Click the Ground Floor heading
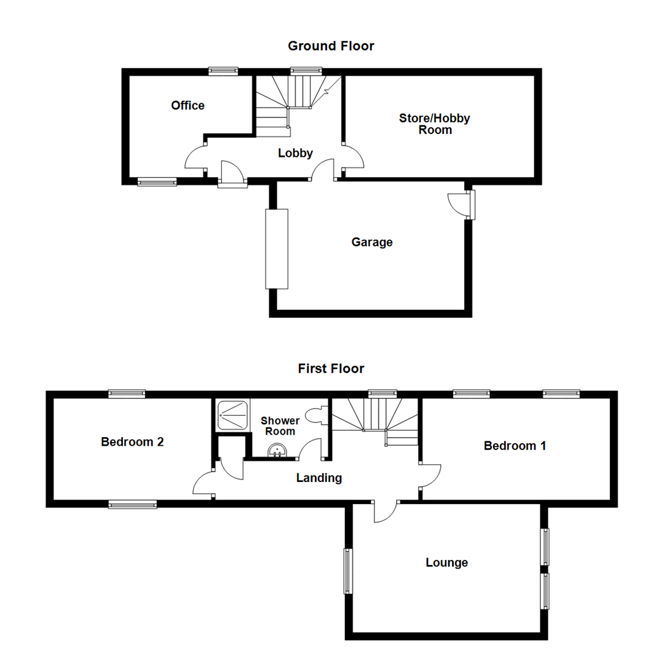point(331,46)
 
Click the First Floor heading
point(331,369)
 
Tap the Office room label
point(188,106)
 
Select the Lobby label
point(295,154)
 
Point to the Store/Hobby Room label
point(435,124)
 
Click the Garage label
point(372,242)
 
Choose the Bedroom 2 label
point(132,441)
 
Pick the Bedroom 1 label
point(515,446)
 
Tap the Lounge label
point(447,563)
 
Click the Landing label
point(318,478)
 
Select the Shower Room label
point(280,426)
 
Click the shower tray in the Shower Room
point(232,415)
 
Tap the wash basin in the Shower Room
point(278,452)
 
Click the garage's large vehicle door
point(277,249)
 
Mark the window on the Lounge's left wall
point(348,571)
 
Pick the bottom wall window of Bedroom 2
point(132,504)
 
